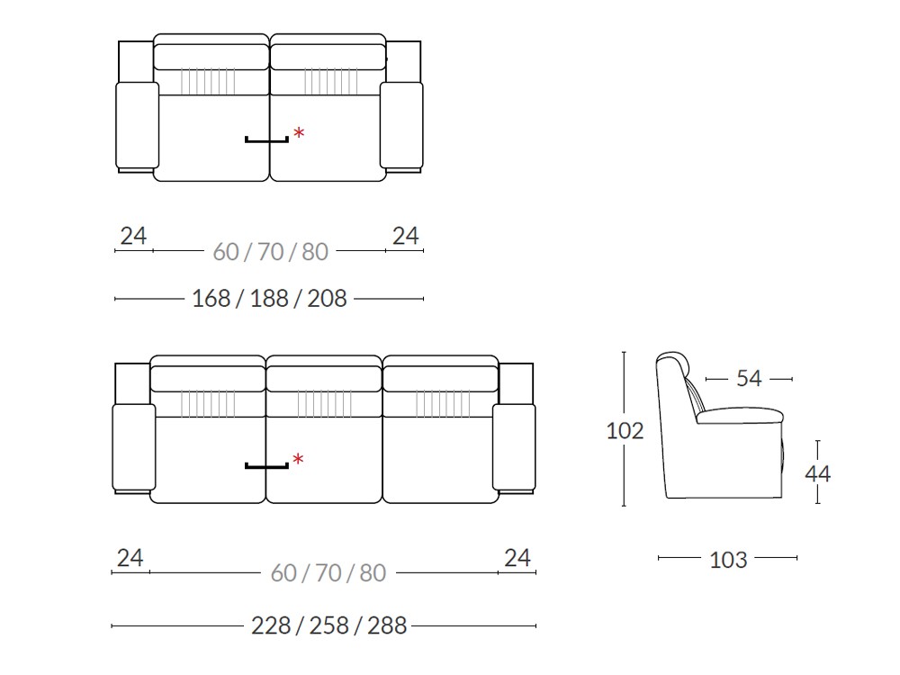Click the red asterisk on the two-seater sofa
coord(299,134)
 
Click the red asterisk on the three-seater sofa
coord(298,459)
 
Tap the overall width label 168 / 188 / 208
coord(269,299)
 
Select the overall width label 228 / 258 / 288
coord(328,625)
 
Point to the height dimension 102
coord(625,430)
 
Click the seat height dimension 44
coord(818,473)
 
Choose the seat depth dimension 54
coord(749,378)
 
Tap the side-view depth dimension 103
coord(728,560)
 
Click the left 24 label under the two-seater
coord(133,236)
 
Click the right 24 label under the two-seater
coord(406,236)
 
